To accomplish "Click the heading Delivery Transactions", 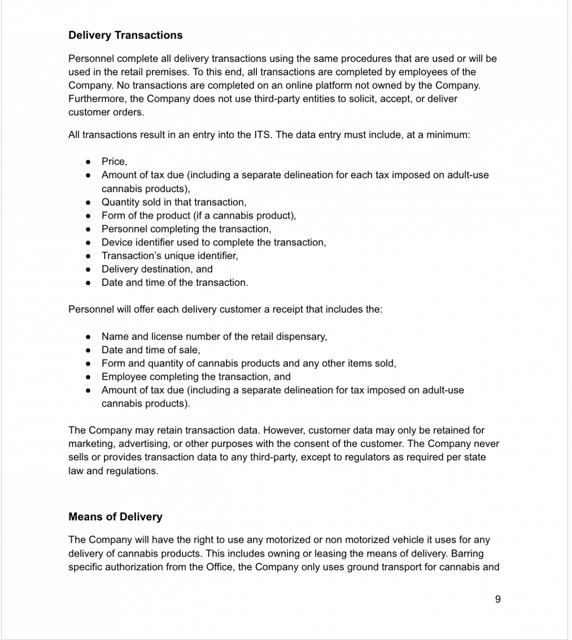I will click(125, 35).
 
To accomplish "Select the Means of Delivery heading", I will click(115, 517).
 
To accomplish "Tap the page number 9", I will click(498, 599).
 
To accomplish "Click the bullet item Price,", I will click(114, 162).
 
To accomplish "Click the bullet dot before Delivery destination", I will click(88, 269).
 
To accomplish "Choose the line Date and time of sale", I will click(151, 350).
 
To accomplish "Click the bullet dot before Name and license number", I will click(88, 336).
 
